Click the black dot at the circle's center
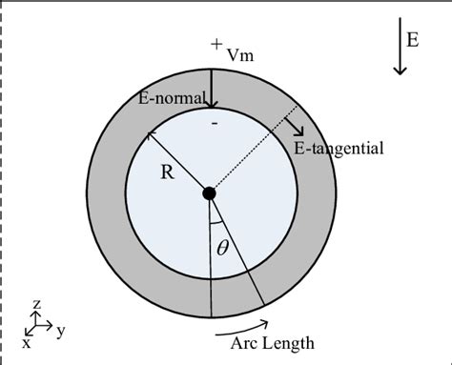210,193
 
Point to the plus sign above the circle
217,44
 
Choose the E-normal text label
171,97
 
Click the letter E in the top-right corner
412,39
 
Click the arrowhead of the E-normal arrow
211,103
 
